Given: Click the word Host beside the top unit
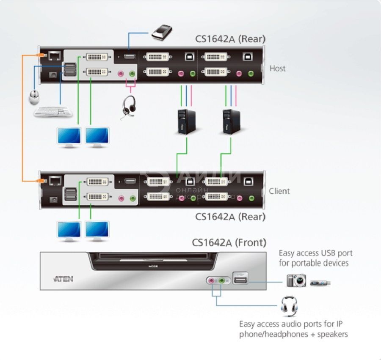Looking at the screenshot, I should click(x=278, y=68).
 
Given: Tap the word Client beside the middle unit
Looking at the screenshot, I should click(x=279, y=191).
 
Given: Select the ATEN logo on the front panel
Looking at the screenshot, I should click(x=63, y=279).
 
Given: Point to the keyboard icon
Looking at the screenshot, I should click(x=53, y=112).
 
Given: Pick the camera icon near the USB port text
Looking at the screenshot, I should click(x=296, y=281).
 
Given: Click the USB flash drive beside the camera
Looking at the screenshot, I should click(x=320, y=282).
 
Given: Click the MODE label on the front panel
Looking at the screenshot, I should click(x=153, y=267).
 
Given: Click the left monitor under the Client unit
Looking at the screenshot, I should click(x=69, y=231).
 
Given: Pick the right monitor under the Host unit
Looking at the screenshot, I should click(x=97, y=137).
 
